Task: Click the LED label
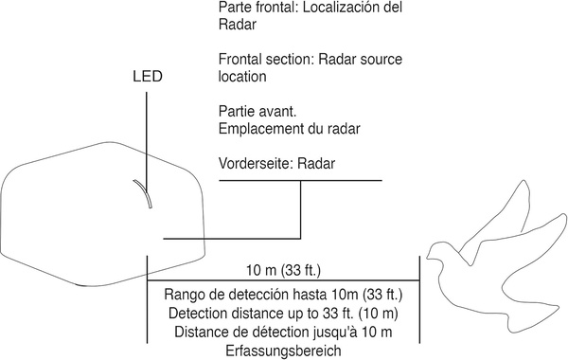click(x=147, y=79)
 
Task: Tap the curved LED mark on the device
click(x=141, y=194)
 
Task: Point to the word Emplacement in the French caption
click(x=257, y=128)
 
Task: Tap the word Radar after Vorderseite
click(x=316, y=162)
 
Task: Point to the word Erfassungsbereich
click(x=283, y=350)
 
